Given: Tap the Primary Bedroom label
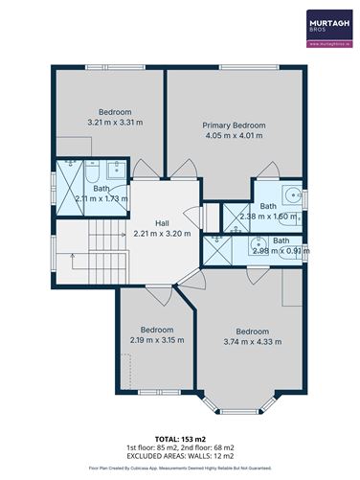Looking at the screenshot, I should click(234, 125).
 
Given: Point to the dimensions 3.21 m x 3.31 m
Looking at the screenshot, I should click(108, 122).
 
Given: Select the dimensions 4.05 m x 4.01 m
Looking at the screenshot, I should click(234, 135).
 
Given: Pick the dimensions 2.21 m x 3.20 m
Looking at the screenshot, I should click(162, 233).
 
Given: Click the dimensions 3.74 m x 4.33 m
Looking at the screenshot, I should click(255, 343).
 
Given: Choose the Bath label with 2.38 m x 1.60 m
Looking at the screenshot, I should click(269, 206).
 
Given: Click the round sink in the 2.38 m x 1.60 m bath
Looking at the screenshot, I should click(291, 191).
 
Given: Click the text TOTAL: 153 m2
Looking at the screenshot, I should click(179, 437).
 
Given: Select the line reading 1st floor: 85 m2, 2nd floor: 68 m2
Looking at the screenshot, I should click(179, 446).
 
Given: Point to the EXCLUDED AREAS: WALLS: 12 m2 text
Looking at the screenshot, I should click(179, 456).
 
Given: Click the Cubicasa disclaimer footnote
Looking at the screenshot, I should click(179, 469).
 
